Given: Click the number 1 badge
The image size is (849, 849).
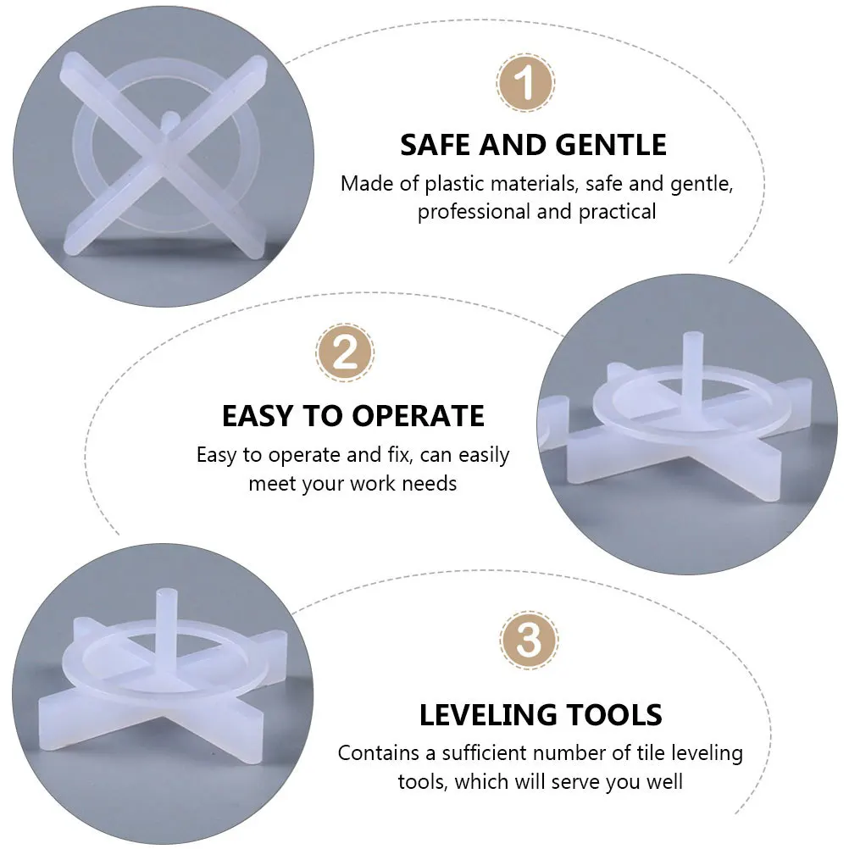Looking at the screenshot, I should click(525, 84).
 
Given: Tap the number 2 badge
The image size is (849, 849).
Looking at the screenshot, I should click(345, 352).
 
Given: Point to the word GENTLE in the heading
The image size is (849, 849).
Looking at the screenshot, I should click(611, 145).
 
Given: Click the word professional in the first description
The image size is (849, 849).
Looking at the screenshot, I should click(474, 212).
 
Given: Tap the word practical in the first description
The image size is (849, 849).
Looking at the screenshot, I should click(618, 212).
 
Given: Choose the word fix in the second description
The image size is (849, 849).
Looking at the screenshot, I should click(395, 455).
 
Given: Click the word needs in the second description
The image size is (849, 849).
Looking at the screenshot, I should click(433, 484).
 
